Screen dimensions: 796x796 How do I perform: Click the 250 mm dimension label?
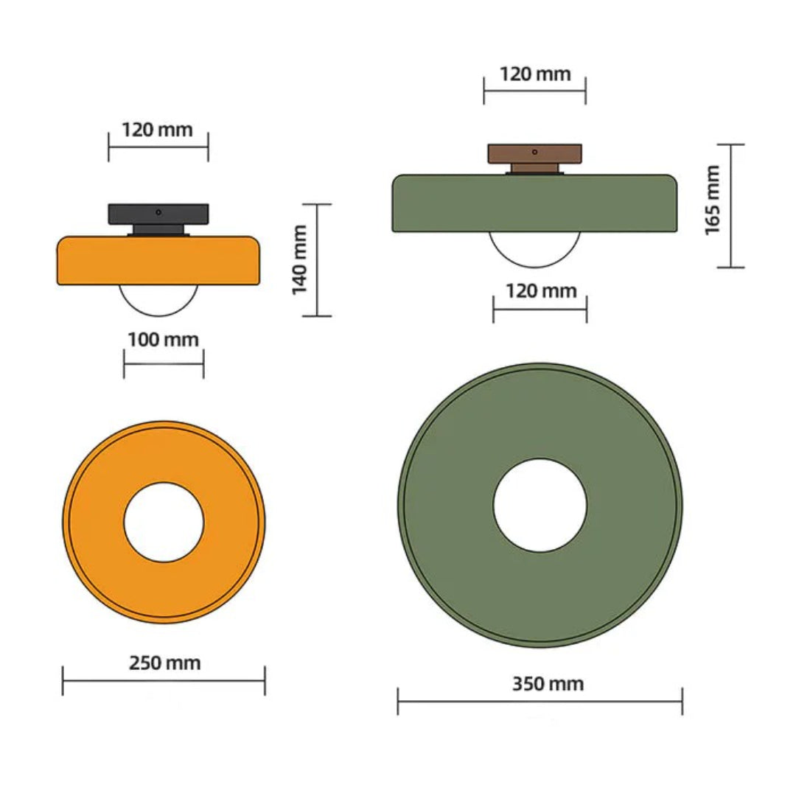pyautogui.click(x=164, y=663)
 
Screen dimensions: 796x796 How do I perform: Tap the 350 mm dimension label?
pyautogui.click(x=548, y=684)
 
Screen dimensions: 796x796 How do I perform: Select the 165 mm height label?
pyautogui.click(x=713, y=200)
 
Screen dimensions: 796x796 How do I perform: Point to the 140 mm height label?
pyautogui.click(x=300, y=259)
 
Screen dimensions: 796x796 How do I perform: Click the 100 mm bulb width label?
pyautogui.click(x=163, y=340)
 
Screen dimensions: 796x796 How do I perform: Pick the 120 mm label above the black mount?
pyautogui.click(x=157, y=130)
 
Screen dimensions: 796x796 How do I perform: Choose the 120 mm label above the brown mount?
pyautogui.click(x=535, y=74)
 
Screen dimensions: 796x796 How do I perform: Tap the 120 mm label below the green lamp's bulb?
pyautogui.click(x=541, y=290)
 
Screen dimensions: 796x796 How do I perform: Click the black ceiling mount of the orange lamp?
pyautogui.click(x=158, y=214)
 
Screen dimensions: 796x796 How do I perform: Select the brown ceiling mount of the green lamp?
pyautogui.click(x=534, y=153)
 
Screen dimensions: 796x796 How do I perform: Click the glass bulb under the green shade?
pyautogui.click(x=536, y=249)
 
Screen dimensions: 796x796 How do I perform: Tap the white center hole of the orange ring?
pyautogui.click(x=164, y=522)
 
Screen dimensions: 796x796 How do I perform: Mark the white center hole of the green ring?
pyautogui.click(x=540, y=505)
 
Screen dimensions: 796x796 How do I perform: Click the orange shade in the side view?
pyautogui.click(x=158, y=260)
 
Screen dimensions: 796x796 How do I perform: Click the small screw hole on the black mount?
pyautogui.click(x=158, y=212)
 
